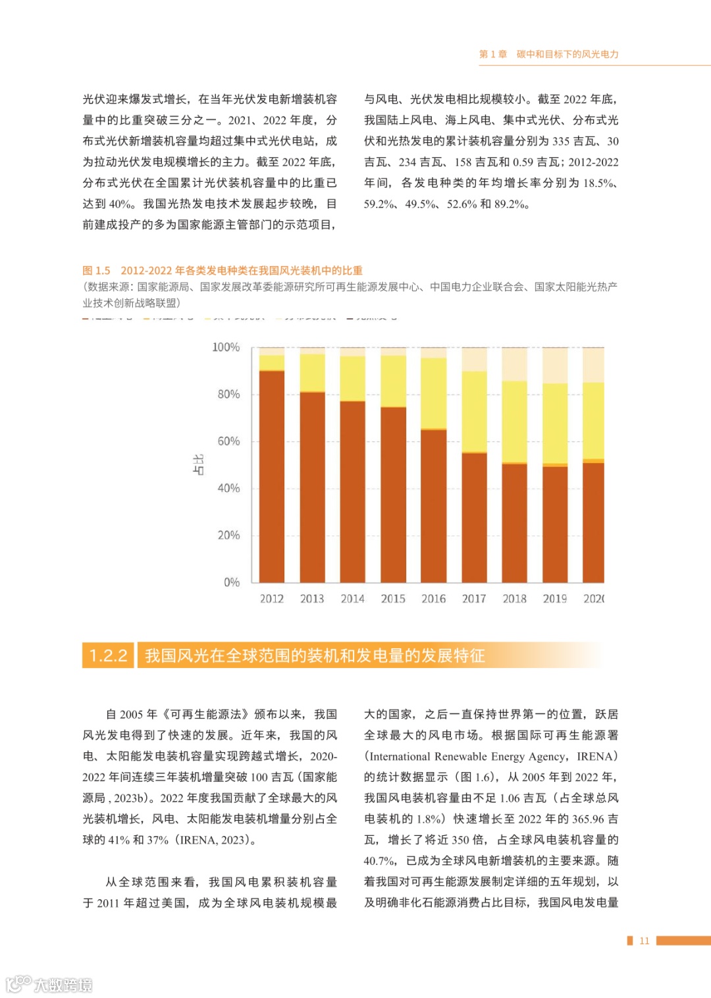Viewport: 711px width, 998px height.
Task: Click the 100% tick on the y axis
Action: coord(226,347)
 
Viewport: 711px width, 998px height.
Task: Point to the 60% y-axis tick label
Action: coord(228,441)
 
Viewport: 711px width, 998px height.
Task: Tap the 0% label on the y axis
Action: coord(232,582)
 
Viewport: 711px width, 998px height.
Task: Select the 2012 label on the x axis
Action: coord(272,599)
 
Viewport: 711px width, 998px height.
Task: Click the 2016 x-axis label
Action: coord(434,599)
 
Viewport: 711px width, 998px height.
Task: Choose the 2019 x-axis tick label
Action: coord(555,599)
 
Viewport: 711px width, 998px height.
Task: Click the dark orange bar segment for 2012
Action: coord(272,476)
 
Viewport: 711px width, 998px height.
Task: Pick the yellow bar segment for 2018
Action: coord(515,422)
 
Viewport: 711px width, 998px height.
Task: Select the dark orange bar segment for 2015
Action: coord(393,494)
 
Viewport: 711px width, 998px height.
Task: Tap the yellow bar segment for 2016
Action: coord(434,393)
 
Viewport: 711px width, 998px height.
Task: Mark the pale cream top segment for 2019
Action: coord(555,366)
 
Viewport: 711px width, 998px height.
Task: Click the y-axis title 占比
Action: coord(198,464)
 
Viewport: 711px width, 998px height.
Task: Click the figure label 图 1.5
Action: coord(96,271)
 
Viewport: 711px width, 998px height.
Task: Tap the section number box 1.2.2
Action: coord(109,655)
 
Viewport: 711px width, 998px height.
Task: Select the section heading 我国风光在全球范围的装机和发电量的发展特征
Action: coord(315,655)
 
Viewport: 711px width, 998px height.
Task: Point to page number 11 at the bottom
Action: coord(644,941)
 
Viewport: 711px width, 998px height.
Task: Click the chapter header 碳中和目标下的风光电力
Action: coord(567,54)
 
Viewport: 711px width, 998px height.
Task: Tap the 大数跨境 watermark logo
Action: coord(49,984)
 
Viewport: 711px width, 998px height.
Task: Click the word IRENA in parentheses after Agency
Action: coord(594,756)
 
